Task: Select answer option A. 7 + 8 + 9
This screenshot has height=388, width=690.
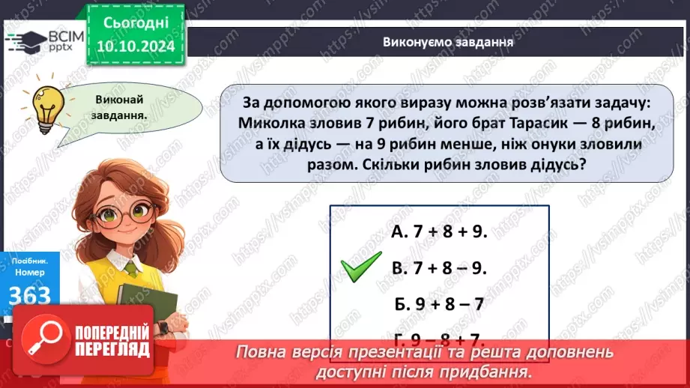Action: tap(440, 232)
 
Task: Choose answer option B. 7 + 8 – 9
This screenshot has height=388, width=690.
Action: tap(440, 268)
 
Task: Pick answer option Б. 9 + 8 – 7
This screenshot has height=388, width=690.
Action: tap(440, 304)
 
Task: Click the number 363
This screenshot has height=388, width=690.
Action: tap(30, 294)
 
